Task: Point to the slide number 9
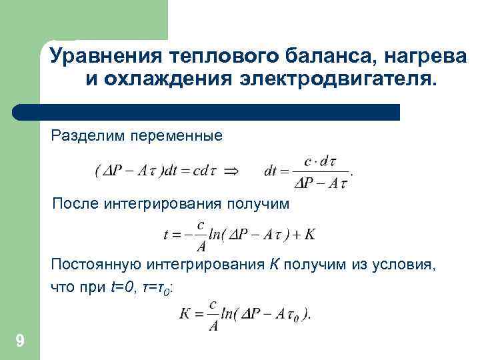[x=19, y=342]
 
